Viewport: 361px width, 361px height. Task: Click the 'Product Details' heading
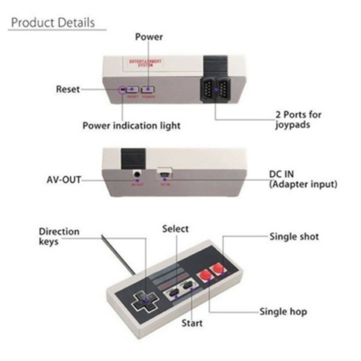[53, 23]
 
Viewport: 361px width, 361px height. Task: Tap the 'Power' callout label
[149, 36]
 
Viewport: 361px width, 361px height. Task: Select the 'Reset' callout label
[68, 89]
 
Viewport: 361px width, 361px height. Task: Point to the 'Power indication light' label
[131, 126]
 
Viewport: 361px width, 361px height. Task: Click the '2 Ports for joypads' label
[299, 120]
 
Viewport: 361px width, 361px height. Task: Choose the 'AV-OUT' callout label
[63, 180]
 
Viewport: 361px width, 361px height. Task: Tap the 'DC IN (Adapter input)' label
[303, 180]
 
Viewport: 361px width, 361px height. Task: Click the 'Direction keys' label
[59, 236]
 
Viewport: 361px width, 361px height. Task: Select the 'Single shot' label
[294, 236]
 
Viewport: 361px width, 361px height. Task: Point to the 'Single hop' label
[283, 312]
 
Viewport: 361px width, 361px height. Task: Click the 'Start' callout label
[192, 323]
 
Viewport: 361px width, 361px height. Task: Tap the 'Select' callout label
[175, 229]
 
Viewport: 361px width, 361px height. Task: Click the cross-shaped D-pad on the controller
[145, 301]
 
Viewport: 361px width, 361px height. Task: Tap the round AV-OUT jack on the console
[137, 174]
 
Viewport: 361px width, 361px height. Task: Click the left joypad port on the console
[207, 89]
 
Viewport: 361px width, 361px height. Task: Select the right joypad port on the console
[223, 89]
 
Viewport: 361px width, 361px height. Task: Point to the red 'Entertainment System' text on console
[145, 62]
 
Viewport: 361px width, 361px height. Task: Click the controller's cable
[118, 254]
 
